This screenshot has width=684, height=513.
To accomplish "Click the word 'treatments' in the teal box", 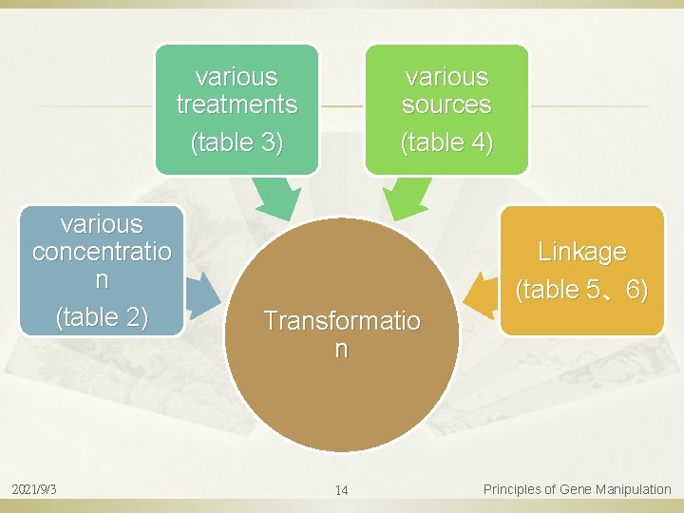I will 237,104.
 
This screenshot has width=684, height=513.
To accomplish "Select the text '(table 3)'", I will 237,142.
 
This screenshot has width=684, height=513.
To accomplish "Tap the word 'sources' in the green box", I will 446,104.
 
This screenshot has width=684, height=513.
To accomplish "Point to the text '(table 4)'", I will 446,142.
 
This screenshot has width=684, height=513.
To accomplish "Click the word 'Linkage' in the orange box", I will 581,252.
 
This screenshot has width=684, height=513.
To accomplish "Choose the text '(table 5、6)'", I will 581,289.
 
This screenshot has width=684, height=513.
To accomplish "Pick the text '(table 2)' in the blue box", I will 102,316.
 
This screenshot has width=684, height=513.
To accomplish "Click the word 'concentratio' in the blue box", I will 102,252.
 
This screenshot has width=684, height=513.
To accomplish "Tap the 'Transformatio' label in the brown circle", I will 341,321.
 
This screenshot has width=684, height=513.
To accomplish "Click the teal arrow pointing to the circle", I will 275,200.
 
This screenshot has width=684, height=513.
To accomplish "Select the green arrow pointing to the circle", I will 405,200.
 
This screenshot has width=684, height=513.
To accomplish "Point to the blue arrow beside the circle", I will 202,294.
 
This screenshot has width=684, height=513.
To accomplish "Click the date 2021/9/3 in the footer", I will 33,489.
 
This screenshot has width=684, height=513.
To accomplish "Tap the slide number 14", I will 341,490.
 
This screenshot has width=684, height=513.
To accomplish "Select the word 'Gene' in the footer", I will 576,489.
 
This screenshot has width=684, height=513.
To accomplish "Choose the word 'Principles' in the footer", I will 513,489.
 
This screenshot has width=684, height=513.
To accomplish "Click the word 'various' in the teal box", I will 237,76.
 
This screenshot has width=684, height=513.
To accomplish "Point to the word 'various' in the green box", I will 446,76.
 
